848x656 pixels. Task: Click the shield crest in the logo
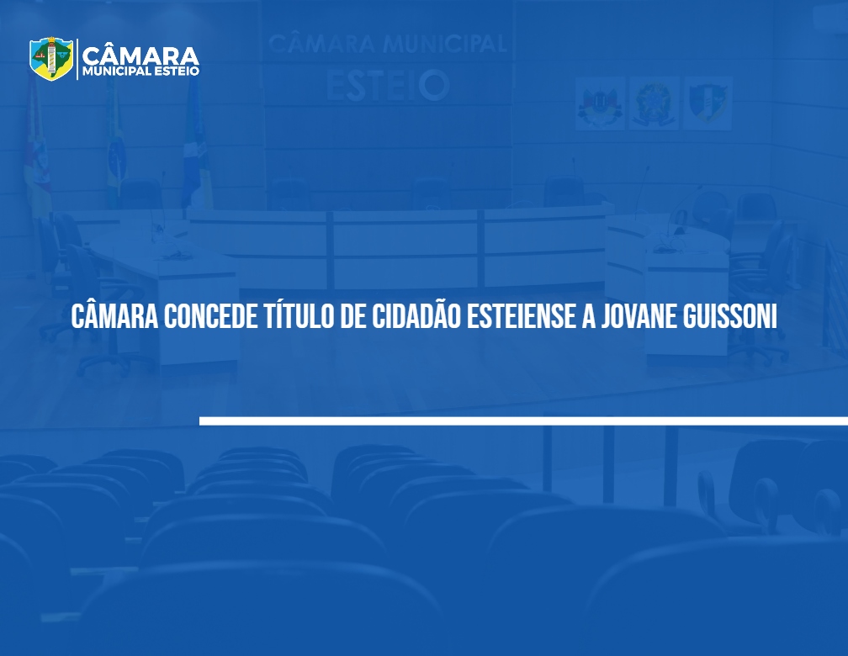50,58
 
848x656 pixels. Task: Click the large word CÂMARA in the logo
140,56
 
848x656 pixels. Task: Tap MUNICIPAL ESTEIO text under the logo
140,71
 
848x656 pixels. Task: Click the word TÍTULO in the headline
299,316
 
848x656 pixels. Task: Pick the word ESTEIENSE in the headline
521,316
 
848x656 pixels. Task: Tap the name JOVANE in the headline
639,316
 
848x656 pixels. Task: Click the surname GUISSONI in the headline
730,316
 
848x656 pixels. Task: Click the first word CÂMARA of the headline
114,316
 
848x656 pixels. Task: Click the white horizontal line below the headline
523,421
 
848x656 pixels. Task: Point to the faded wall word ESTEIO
388,86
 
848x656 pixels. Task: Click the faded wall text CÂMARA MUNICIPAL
387,43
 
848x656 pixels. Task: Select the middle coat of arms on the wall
654,103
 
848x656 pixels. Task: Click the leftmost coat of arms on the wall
599,103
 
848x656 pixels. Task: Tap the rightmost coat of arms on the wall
708,103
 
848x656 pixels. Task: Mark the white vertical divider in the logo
77,59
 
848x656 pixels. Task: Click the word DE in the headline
352,316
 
